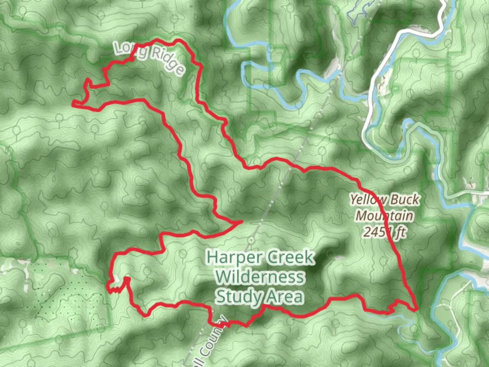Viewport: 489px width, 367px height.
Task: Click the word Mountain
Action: tap(384, 216)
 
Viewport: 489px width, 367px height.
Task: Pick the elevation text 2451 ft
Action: tap(384, 232)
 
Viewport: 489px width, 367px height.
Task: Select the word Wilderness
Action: tap(260, 277)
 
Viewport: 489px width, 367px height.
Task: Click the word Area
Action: tap(285, 296)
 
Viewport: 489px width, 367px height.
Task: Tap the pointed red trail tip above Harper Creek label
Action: tap(241, 222)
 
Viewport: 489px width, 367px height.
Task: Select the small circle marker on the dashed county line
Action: tap(251, 240)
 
